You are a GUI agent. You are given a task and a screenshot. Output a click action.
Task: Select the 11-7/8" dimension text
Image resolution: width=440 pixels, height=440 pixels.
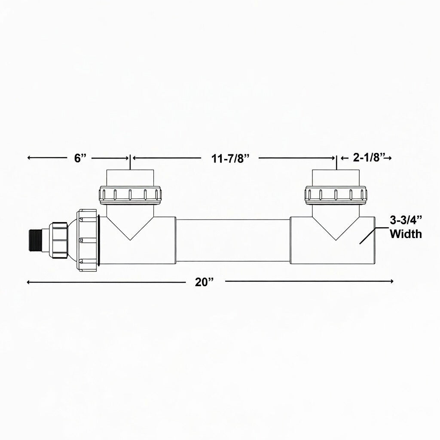(x=230, y=159)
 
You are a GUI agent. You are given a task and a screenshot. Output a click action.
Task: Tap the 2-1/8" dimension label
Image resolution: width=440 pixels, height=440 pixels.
(x=368, y=158)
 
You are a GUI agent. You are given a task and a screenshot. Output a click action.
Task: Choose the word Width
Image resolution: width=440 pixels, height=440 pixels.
(x=406, y=234)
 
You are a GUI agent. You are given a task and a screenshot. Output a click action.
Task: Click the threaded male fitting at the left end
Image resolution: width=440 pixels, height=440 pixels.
(x=35, y=240)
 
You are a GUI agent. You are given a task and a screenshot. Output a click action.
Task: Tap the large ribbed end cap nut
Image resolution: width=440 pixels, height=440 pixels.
(x=87, y=240)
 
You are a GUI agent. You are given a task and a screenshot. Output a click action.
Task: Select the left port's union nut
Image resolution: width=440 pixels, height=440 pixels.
(x=130, y=195)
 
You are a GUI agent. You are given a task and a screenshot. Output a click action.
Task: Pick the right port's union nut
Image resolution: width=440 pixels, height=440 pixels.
(x=336, y=195)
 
